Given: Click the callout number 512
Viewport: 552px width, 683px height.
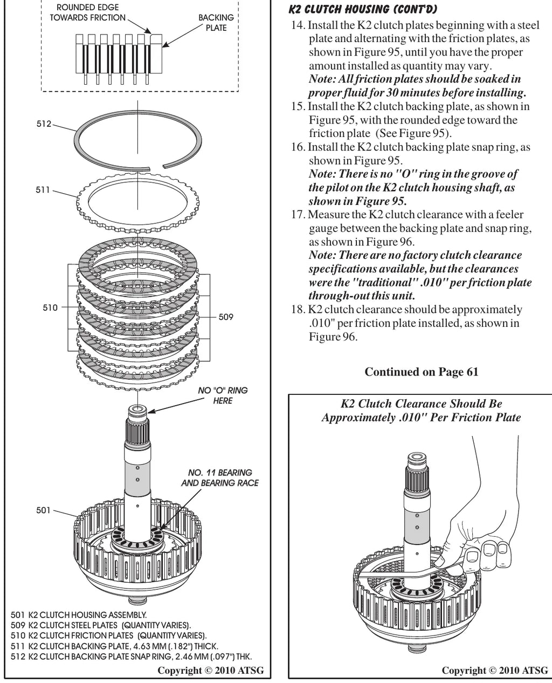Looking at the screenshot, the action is point(44,124).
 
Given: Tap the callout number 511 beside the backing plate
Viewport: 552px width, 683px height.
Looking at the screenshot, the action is point(43,190).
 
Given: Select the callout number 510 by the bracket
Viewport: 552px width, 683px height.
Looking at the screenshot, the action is point(50,308).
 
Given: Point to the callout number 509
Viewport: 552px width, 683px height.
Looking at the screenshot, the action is point(226,317).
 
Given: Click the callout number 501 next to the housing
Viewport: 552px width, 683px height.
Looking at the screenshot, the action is point(43,510).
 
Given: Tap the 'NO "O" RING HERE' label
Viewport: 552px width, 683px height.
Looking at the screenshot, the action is point(223,395).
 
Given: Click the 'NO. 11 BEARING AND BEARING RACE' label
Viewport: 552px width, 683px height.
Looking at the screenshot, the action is point(220,477).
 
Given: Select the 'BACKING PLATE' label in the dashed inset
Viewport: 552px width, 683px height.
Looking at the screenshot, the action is point(216,23).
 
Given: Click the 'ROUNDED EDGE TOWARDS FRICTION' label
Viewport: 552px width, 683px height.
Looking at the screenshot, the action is point(87,12).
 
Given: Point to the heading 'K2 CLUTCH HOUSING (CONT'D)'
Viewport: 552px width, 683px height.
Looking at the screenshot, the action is point(363,9).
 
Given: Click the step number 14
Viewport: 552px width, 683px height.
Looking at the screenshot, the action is point(298,25).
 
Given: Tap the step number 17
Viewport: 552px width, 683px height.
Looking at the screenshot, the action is point(298,214).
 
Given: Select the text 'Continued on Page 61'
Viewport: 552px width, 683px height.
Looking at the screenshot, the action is point(422,372).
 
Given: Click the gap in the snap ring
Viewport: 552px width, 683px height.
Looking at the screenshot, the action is point(156,167).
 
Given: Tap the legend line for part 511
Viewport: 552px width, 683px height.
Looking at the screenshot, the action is point(114,646).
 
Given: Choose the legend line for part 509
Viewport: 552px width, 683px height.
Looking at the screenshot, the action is point(101,625).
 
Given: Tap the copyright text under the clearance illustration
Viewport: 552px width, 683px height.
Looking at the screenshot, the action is point(495,670).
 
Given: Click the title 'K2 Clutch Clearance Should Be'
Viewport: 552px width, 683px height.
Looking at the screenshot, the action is point(422,404).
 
